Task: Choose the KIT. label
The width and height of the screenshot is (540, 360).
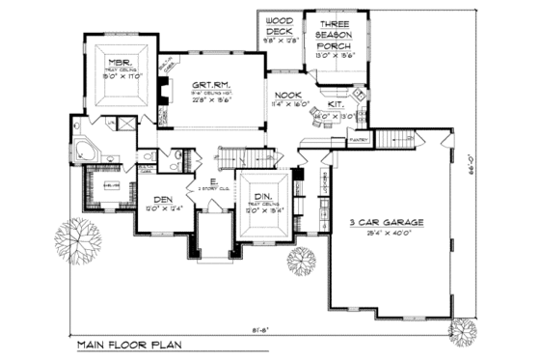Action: point(337,105)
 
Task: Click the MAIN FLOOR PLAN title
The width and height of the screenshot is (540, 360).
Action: point(122,345)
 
